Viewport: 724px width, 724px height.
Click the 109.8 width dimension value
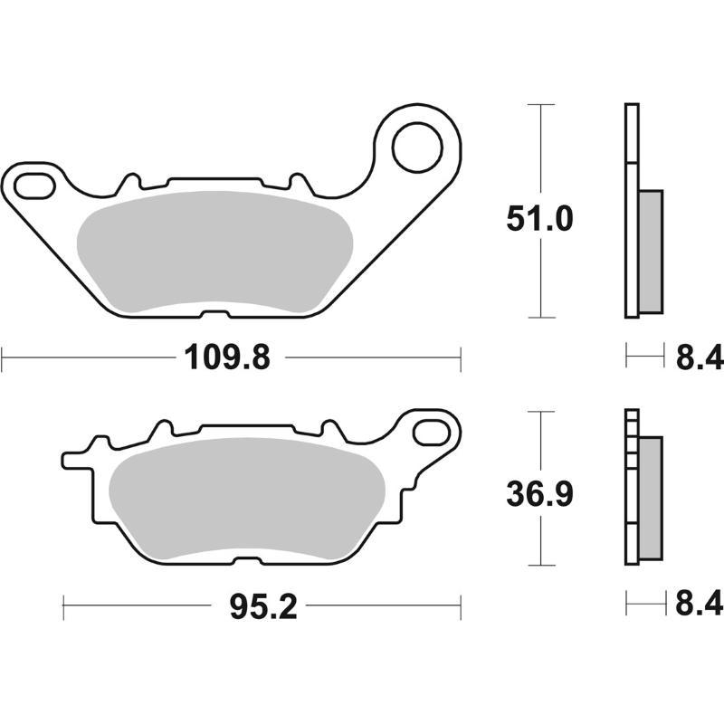[x=228, y=358]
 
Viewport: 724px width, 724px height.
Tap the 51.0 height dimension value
[x=540, y=219]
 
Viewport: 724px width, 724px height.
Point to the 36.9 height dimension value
[x=540, y=495]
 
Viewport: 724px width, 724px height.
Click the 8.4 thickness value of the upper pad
[x=700, y=358]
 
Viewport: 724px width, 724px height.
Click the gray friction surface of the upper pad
[x=214, y=252]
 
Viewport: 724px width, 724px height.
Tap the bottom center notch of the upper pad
[x=214, y=315]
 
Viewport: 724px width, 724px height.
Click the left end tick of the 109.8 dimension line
[x=3, y=358]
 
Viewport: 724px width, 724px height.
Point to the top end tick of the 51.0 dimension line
[x=540, y=105]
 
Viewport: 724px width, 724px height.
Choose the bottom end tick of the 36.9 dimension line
[x=540, y=567]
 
